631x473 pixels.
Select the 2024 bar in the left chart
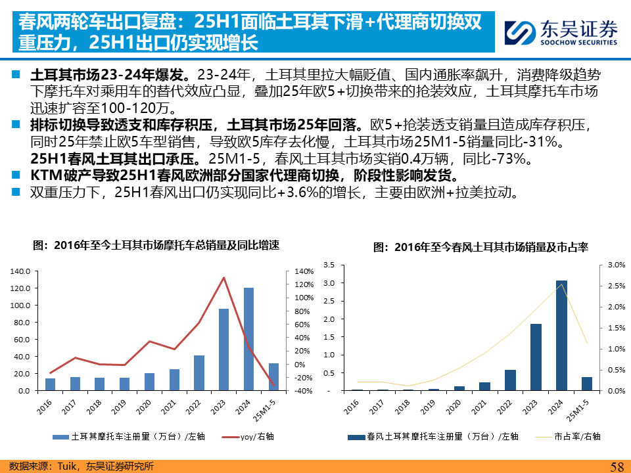[248, 339]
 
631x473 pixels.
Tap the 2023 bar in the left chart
[223, 349]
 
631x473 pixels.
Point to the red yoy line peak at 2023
[223, 277]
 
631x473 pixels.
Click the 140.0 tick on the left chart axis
[22, 271]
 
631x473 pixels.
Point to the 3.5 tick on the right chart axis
[329, 265]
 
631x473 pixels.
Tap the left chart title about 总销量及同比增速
[156, 245]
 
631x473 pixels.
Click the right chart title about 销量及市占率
[480, 248]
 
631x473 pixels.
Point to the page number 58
[617, 466]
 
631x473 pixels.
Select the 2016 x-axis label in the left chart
[45, 408]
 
